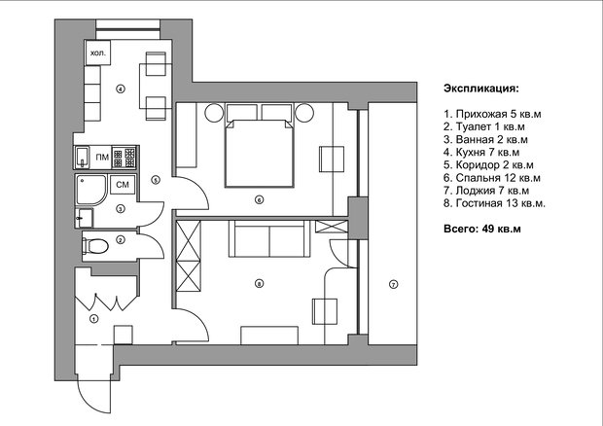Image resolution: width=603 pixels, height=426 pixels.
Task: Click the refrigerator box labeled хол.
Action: (97, 53)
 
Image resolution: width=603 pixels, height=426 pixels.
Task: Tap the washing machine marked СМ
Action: (123, 185)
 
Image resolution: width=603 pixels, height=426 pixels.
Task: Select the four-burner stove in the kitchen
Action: (124, 158)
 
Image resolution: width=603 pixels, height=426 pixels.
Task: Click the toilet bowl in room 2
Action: (95, 246)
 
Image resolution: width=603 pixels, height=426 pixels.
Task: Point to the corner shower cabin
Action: (90, 190)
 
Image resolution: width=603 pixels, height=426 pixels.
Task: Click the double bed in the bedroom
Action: (260, 153)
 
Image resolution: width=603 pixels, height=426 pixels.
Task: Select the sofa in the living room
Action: (269, 238)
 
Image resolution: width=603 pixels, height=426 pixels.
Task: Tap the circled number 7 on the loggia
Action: (393, 285)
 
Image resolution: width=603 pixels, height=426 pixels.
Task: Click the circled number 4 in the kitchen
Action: (121, 89)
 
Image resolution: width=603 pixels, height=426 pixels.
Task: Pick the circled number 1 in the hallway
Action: (93, 319)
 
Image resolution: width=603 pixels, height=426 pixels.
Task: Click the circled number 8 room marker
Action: (260, 284)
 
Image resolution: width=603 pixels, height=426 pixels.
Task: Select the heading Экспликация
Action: (481, 89)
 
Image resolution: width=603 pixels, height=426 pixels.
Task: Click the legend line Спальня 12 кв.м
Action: (492, 178)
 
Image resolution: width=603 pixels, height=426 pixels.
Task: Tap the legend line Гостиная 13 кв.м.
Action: (494, 203)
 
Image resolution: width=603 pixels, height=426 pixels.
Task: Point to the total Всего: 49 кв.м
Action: (482, 229)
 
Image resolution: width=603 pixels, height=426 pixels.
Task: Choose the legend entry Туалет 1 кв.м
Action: (483, 126)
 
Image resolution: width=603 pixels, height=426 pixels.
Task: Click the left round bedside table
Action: (214, 113)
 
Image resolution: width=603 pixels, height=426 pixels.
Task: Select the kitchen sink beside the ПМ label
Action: (82, 158)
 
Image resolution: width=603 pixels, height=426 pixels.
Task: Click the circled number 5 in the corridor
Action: (156, 180)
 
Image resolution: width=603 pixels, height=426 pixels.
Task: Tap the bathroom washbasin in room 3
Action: (85, 218)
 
